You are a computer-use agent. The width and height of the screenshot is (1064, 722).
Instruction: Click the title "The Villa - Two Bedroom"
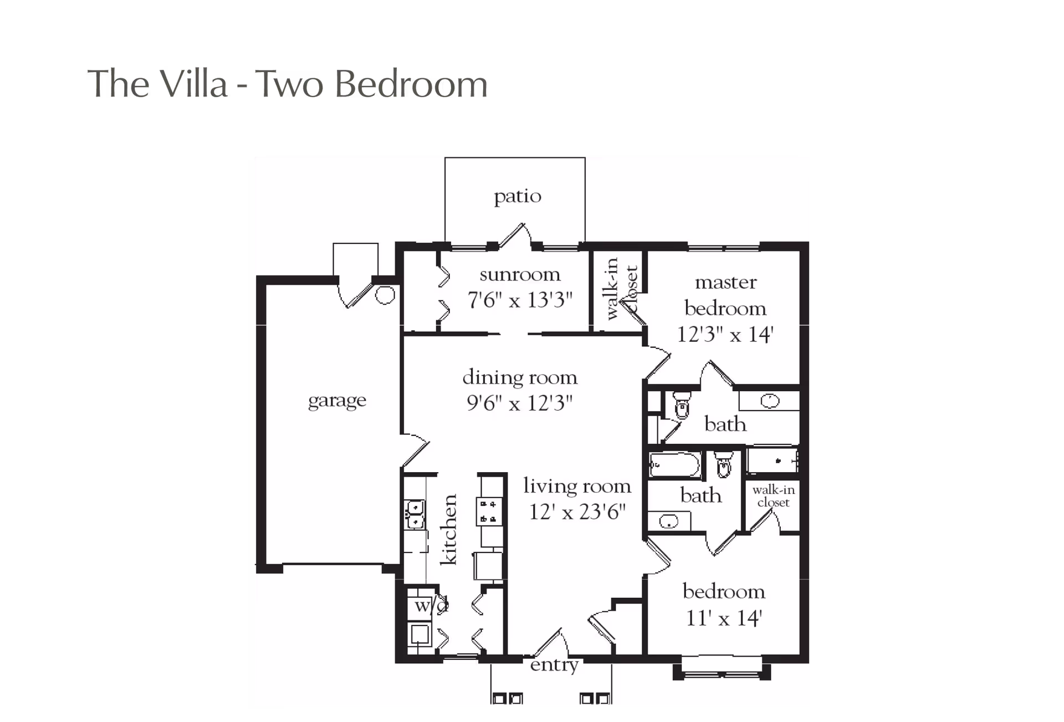coord(288,84)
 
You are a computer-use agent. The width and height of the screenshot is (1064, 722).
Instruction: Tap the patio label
coord(518,197)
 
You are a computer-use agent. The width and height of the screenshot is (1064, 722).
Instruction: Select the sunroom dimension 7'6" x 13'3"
coord(520,300)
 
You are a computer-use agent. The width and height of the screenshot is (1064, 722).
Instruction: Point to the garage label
coord(337,400)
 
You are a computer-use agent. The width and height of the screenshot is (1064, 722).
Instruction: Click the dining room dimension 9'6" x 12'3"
coord(519,403)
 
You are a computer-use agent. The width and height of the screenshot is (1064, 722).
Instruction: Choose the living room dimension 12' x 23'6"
coord(577,511)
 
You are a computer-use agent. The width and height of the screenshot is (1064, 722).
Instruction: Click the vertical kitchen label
coord(449,529)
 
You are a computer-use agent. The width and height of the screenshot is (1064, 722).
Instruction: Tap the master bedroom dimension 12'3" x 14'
coord(725,334)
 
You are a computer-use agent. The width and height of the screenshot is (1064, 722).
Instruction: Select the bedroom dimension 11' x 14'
coord(724,617)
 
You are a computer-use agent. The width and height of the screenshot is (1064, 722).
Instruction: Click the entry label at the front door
coord(554,664)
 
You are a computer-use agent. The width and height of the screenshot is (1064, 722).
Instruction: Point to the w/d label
coord(431,605)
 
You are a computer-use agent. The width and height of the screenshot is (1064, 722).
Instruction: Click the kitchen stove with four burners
coord(489,511)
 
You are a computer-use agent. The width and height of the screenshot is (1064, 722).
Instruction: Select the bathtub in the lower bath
coord(674,465)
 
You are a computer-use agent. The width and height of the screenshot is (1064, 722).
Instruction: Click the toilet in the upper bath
coord(682,405)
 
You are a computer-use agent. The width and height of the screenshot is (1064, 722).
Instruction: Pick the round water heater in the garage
coord(385,295)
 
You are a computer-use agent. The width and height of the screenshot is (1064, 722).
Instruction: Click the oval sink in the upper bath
coord(770,401)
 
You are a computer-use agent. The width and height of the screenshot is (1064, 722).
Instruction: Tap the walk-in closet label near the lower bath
coord(773,496)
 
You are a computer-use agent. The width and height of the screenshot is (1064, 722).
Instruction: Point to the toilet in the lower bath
coord(724,465)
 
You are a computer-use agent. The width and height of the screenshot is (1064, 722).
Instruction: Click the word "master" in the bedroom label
coord(725,283)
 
